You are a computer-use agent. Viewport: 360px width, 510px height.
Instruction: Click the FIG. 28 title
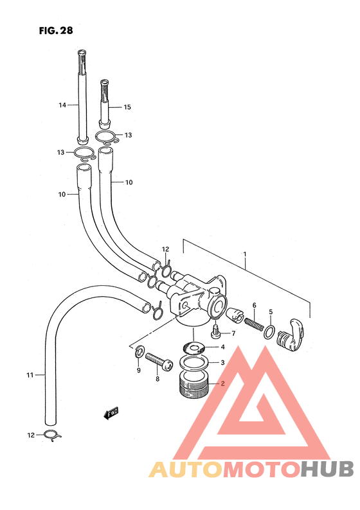coord(56,31)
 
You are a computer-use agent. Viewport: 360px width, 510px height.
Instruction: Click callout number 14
coord(62,105)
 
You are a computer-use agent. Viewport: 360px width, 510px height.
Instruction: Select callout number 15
coord(127,107)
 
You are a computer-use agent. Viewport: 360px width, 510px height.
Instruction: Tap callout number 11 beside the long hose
coord(30,375)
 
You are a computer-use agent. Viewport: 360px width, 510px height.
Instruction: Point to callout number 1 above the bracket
coord(245,254)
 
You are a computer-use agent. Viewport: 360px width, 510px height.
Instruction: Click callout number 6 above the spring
coord(254,305)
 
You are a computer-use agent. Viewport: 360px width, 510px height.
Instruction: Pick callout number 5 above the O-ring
coord(271,312)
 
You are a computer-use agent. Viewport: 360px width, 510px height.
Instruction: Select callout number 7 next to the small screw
coord(233,333)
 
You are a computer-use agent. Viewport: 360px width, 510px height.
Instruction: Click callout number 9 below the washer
coord(139,370)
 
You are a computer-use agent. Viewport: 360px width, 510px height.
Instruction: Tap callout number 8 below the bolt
coord(157,378)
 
